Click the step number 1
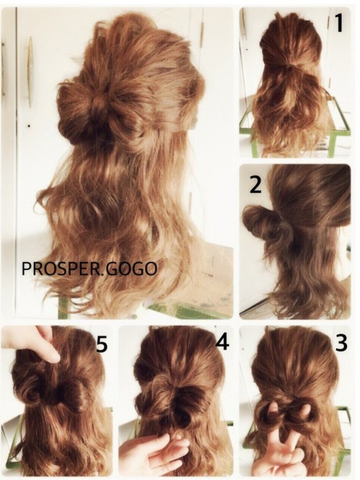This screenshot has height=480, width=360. click(x=338, y=22)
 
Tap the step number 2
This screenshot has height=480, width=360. click(x=255, y=185)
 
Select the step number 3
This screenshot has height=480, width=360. click(x=341, y=343)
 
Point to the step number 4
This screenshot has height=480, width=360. click(x=222, y=341)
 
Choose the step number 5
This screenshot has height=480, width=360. click(x=102, y=344)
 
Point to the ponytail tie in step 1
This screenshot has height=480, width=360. click(x=295, y=65)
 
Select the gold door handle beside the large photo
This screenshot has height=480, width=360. click(x=30, y=72)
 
